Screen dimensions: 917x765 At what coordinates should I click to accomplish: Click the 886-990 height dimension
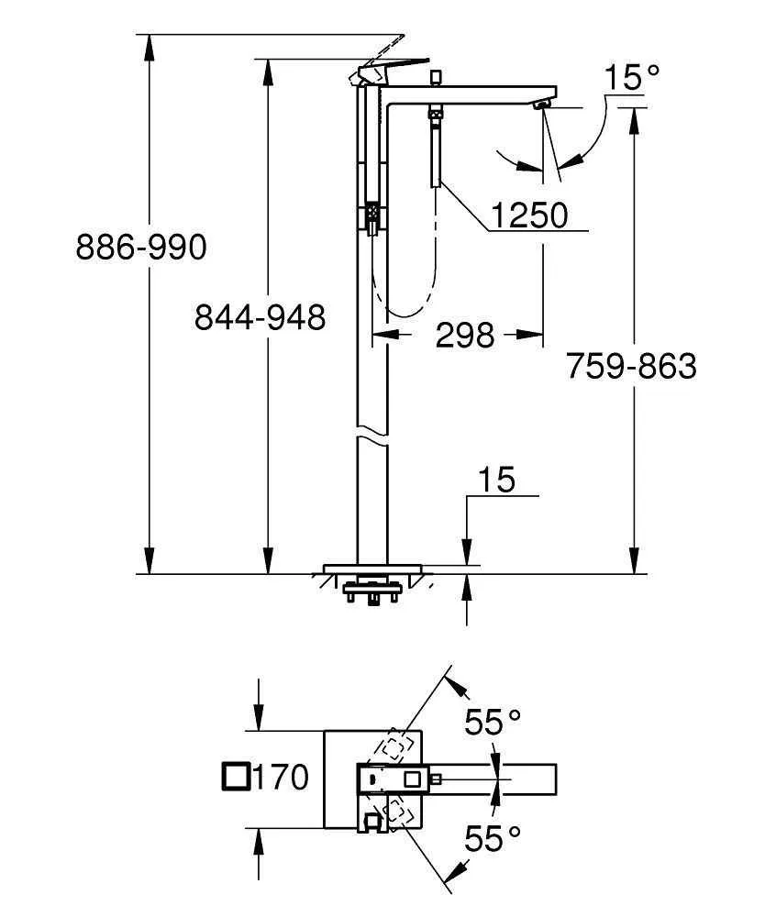tap(141, 247)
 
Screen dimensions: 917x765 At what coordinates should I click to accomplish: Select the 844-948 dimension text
tap(260, 317)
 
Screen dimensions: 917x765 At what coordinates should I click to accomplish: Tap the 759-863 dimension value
tap(630, 366)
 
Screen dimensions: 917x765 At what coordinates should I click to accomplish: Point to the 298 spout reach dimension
tap(464, 336)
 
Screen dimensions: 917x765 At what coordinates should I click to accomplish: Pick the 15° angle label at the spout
tap(632, 77)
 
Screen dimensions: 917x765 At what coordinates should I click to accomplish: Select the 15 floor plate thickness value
tap(495, 480)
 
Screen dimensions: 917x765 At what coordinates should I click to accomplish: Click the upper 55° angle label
tap(496, 724)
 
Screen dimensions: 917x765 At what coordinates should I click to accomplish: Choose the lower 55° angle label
tap(496, 836)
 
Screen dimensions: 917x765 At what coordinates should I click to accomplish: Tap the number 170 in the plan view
tap(280, 778)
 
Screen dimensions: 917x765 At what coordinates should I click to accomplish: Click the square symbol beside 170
tap(236, 777)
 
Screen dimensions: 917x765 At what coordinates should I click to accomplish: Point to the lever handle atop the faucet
tap(390, 68)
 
